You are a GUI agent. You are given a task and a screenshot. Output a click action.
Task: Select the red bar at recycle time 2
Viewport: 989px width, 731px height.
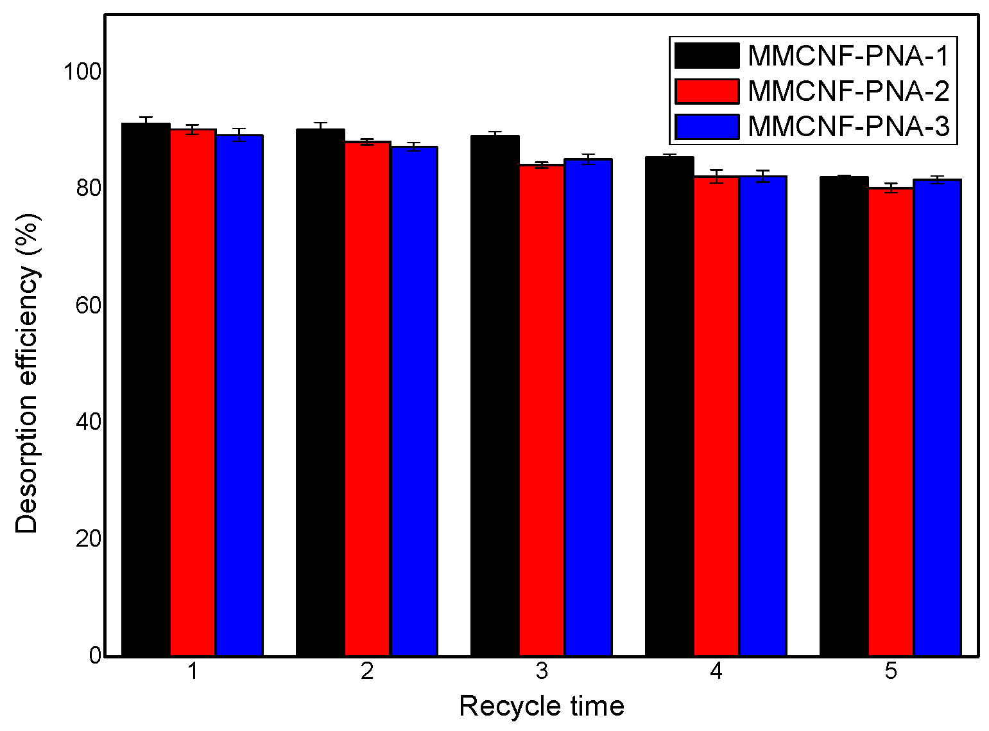(x=367, y=398)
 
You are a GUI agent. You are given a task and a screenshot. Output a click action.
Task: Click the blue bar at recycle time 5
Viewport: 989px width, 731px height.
(x=937, y=418)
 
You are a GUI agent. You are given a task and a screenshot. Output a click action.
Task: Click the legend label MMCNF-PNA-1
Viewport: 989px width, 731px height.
(x=848, y=57)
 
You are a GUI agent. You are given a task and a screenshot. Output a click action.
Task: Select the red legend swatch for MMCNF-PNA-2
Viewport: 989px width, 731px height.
(x=707, y=91)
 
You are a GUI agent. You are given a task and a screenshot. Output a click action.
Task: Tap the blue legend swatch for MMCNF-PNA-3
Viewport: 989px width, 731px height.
(x=707, y=127)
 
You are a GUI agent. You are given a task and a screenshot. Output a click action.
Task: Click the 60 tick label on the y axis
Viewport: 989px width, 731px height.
(x=88, y=305)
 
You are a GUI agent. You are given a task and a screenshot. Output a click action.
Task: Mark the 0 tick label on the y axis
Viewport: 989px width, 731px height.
(x=95, y=656)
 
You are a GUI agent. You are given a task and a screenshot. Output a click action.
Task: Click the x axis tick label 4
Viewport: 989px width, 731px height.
(x=716, y=672)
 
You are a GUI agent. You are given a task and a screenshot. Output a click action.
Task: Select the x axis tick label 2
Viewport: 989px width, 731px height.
(x=367, y=672)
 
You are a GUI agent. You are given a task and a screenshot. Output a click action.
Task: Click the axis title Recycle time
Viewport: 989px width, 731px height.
(x=542, y=706)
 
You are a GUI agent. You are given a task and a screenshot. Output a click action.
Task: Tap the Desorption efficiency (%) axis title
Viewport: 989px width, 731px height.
(x=27, y=373)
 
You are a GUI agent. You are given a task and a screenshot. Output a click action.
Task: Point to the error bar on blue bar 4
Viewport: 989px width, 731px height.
(x=762, y=176)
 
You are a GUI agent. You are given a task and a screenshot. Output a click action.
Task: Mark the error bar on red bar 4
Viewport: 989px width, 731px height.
(x=716, y=176)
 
